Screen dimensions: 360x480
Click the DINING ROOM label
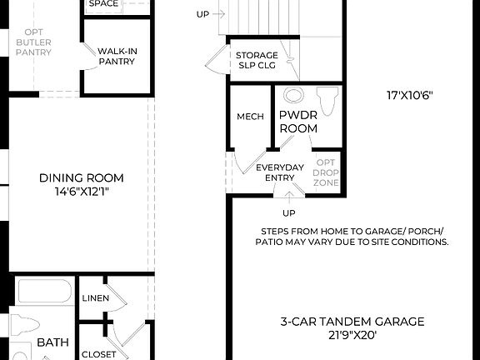(82, 177)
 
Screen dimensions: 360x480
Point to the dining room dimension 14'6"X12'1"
(82, 192)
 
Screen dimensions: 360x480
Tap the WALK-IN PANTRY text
(117, 56)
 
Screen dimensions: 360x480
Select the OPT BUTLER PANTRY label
(32, 42)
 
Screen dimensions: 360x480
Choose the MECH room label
(250, 117)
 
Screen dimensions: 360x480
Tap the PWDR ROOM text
(297, 122)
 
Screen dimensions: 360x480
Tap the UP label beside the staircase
(203, 14)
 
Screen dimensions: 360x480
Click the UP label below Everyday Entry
(289, 213)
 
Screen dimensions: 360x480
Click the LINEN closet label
(95, 298)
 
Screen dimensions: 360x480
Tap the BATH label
(52, 342)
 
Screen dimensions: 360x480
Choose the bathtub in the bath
(47, 292)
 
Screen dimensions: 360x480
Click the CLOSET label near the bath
(99, 354)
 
